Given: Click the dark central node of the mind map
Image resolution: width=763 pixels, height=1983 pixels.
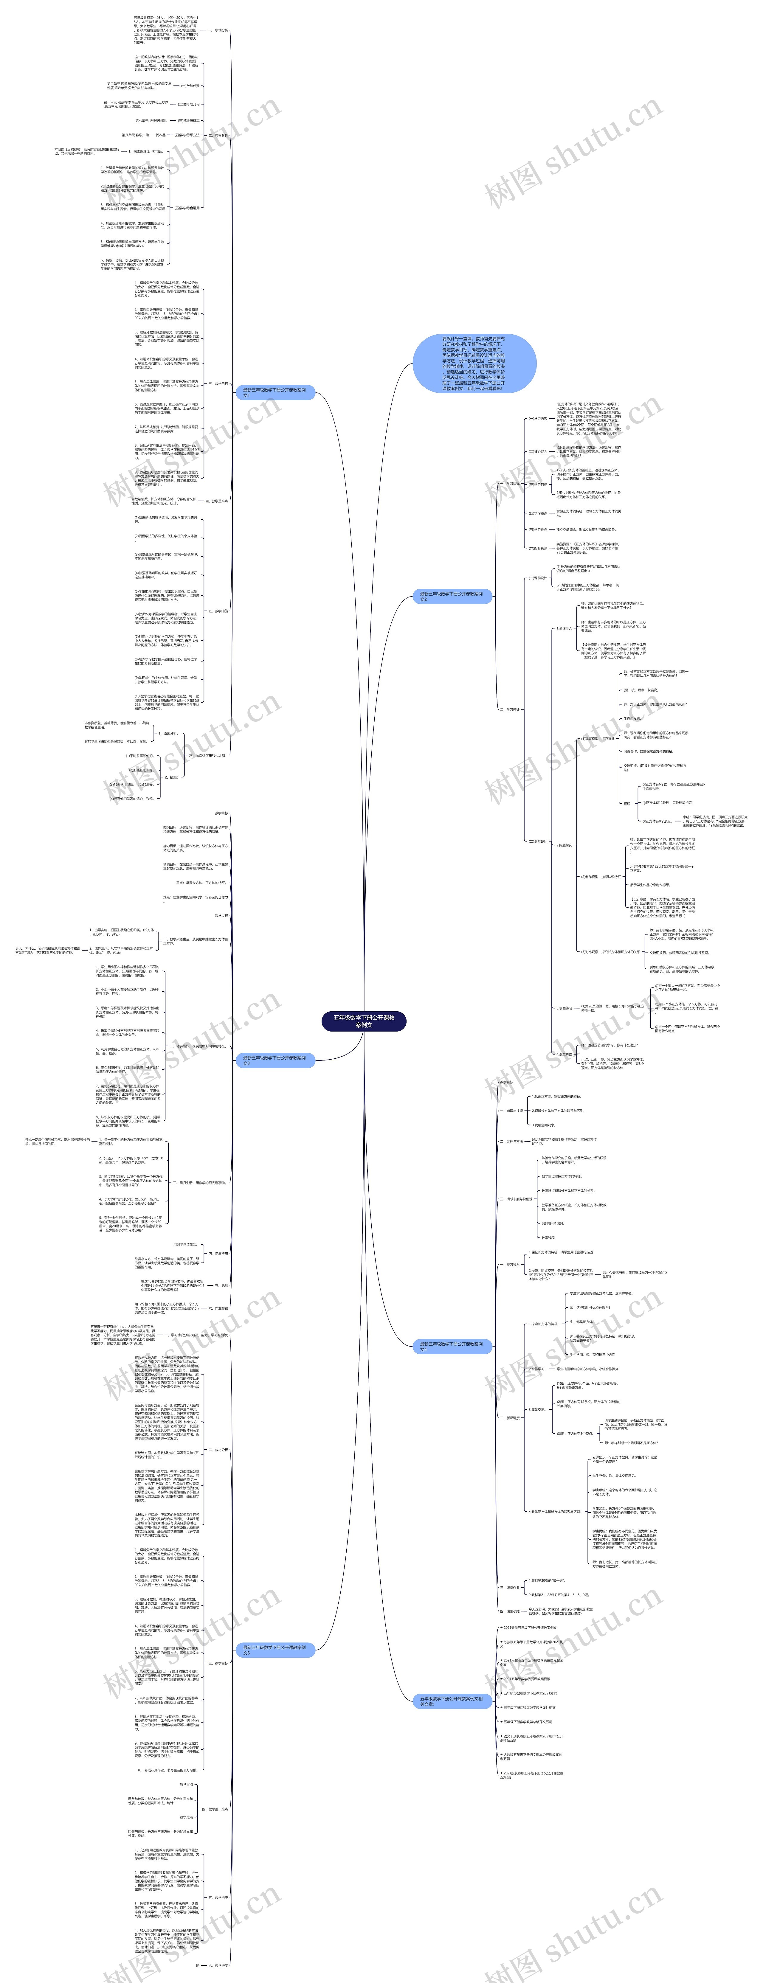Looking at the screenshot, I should (363, 1021).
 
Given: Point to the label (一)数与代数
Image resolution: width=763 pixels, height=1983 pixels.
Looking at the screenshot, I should (189, 86).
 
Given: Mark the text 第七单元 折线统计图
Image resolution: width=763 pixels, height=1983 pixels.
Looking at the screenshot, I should (151, 121).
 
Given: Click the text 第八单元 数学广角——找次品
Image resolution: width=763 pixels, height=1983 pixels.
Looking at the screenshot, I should (143, 135).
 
